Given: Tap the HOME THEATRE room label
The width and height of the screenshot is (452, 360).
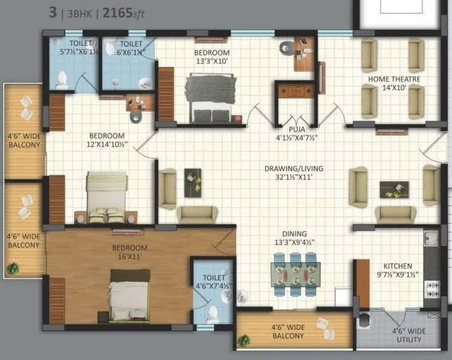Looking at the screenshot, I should (x=394, y=84).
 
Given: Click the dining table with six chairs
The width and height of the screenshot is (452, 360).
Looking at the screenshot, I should (x=294, y=274).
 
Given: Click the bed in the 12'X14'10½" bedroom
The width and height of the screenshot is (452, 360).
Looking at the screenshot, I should (x=107, y=197).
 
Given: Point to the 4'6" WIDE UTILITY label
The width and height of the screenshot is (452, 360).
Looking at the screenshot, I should (x=409, y=335).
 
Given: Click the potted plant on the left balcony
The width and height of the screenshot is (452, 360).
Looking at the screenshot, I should (x=11, y=268).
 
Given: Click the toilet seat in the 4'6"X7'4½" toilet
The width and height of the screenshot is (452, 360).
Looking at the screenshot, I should (x=213, y=313).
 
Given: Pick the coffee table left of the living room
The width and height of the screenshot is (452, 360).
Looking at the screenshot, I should (x=192, y=183).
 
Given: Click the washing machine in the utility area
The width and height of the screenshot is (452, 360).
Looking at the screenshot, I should (x=365, y=320).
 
